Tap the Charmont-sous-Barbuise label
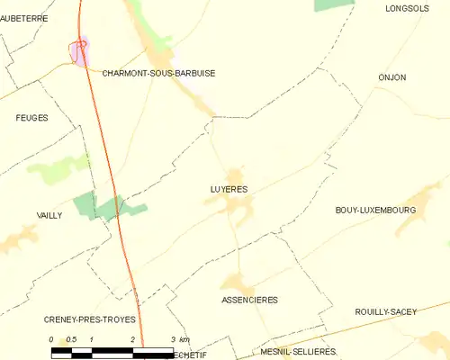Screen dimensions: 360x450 pos(158,74)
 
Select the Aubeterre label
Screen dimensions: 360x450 pos(24,18)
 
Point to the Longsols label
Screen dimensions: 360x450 pos(404,8)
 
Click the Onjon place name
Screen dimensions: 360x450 pos(392,77)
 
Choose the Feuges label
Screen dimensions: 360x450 pos(31,118)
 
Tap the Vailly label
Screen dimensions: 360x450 pos(49,215)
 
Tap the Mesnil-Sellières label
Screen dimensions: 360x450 pos(296,351)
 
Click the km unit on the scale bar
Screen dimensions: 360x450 pos(184,339)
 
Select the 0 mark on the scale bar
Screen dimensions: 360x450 pos(52,339)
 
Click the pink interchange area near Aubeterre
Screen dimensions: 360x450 pos(81,50)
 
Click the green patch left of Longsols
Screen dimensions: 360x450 pos(334,4)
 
